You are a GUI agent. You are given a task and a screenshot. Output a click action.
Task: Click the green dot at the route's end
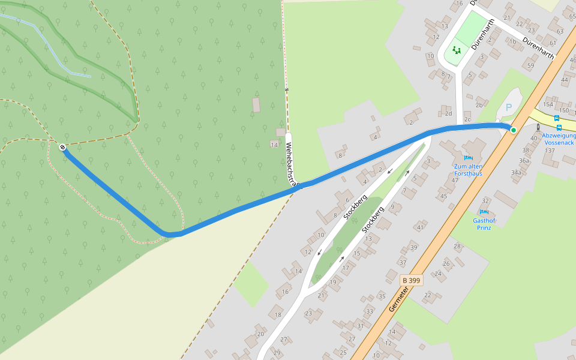[513, 130]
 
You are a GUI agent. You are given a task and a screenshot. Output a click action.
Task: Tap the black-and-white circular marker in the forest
[62, 147]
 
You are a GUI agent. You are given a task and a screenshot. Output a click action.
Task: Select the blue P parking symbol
[509, 107]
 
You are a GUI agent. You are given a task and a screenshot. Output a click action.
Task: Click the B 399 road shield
[412, 280]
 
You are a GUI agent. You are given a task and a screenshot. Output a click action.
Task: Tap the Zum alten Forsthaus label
[468, 170]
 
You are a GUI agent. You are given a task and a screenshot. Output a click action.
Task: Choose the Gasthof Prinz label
[484, 224]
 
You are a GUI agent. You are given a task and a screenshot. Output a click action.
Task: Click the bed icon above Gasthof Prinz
[484, 212]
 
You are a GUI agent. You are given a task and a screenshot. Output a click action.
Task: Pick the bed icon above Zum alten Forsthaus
[468, 158]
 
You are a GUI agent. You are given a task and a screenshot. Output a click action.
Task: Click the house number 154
[547, 104]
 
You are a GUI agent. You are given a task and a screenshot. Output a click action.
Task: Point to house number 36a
[524, 160]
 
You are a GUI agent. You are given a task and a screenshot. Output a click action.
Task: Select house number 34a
[516, 172]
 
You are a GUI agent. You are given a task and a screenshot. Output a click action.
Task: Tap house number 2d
[448, 113]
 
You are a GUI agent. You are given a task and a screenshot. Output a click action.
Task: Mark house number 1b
[512, 42]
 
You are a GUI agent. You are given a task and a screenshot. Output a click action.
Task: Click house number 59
[530, 65]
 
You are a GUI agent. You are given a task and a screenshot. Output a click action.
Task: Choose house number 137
[550, 150]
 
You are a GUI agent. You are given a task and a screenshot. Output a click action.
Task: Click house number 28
[457, 247]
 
